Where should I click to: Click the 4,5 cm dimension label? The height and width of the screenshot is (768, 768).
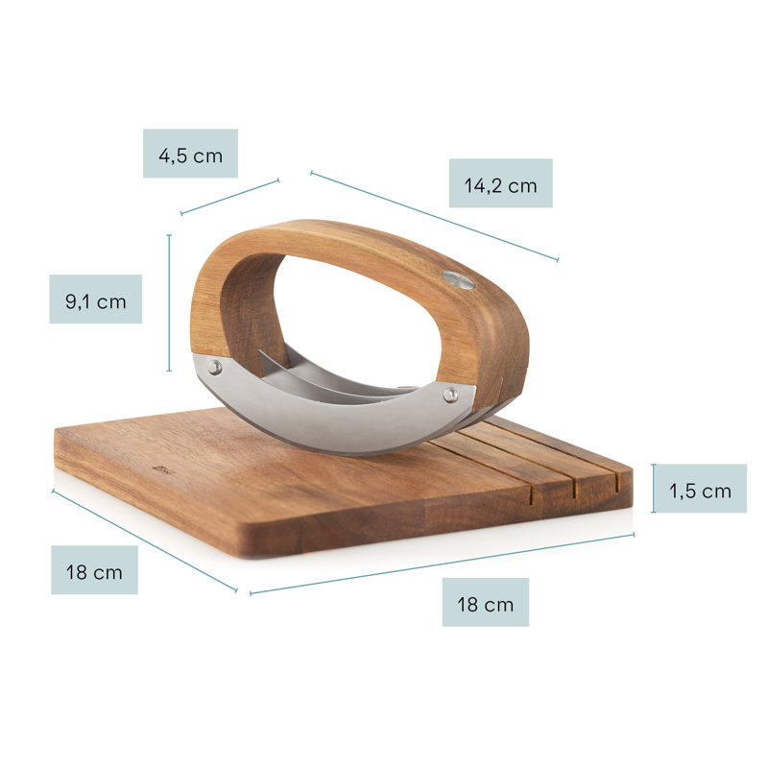pos(190,156)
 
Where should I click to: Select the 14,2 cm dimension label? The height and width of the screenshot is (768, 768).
pos(500,185)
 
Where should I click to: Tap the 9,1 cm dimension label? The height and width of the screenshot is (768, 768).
pos(96,301)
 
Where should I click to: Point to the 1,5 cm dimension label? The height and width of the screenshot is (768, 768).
pos(701,491)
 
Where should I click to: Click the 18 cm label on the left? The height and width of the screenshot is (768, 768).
pos(94,572)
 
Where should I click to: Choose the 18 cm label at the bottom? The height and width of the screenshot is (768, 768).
pos(486,605)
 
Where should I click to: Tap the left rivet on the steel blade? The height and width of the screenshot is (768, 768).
pos(214,367)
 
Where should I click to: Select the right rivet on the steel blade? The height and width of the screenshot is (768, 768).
pos(450,395)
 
